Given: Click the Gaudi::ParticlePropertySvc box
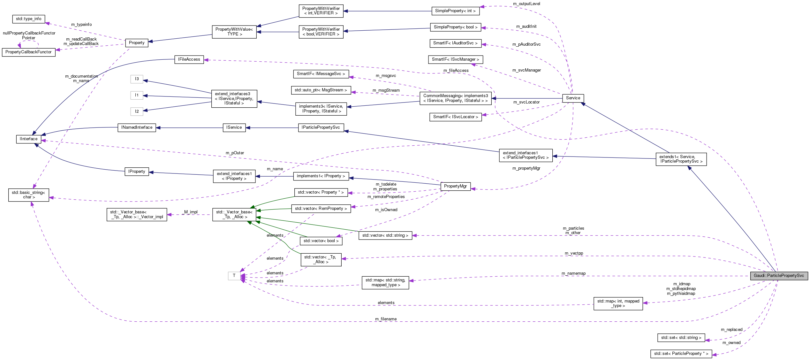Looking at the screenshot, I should (x=779, y=276).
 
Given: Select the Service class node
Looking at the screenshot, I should (x=573, y=98).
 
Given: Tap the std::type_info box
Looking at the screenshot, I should (x=28, y=19).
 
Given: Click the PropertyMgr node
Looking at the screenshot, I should (x=455, y=186).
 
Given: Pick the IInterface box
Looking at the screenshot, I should (x=28, y=139).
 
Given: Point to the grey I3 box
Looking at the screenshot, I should (x=137, y=79).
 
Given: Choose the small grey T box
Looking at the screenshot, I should (x=234, y=276).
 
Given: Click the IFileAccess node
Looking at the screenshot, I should (x=189, y=59).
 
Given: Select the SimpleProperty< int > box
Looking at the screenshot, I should (x=455, y=11).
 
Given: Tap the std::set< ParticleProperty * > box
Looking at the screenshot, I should (x=681, y=354).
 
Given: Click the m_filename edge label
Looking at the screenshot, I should (x=386, y=319).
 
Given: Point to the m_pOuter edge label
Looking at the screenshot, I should (x=235, y=153).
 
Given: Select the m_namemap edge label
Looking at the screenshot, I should (x=573, y=273).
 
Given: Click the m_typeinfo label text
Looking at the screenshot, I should (x=81, y=25).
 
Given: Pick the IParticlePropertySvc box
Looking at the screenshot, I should (x=321, y=127).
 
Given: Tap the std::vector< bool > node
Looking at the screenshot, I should (x=321, y=241).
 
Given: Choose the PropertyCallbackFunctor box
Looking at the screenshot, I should (x=28, y=52).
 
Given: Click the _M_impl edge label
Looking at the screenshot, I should (x=190, y=212).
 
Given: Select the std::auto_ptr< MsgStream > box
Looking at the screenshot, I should (x=321, y=90).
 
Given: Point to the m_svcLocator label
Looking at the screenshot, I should (x=526, y=102).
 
